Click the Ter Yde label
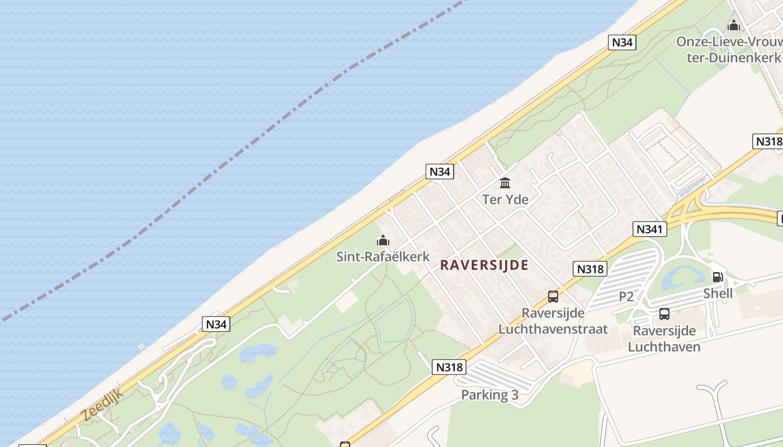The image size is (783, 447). pyautogui.click(x=505, y=199)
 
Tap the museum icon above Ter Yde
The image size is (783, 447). pyautogui.click(x=505, y=183)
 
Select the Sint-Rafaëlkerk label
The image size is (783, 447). pyautogui.click(x=383, y=256)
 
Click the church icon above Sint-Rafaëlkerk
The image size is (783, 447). pyautogui.click(x=383, y=241)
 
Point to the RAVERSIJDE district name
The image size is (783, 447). pyautogui.click(x=484, y=265)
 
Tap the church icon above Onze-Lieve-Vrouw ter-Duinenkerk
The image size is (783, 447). pyautogui.click(x=733, y=25)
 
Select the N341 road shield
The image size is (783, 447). pyautogui.click(x=650, y=229)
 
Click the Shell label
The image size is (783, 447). pyautogui.click(x=718, y=293)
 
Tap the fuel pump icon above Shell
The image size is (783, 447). pyautogui.click(x=718, y=277)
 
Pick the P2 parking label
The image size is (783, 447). pyautogui.click(x=626, y=297)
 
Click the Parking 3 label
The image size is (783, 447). pyautogui.click(x=489, y=395)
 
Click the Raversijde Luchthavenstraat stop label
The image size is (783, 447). pyautogui.click(x=553, y=321)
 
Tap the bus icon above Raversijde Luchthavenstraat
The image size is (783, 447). pyautogui.click(x=553, y=297)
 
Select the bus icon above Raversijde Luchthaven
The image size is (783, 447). pyautogui.click(x=664, y=314)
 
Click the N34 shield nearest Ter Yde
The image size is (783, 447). pyautogui.click(x=440, y=172)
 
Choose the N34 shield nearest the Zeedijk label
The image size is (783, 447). pyautogui.click(x=216, y=324)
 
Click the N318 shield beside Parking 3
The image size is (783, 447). pyautogui.click(x=450, y=367)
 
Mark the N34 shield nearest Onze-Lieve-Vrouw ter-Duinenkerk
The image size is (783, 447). pyautogui.click(x=622, y=42)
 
